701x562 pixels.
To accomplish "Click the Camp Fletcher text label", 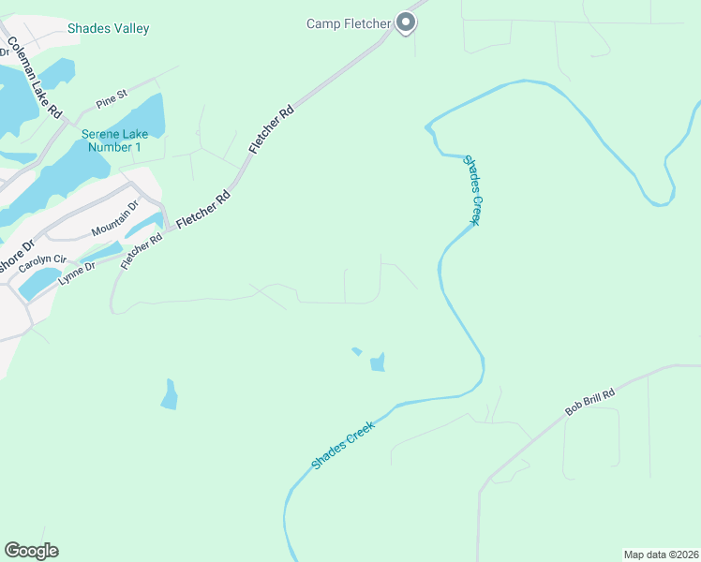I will click(x=348, y=23).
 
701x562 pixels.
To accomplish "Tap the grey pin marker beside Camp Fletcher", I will click(x=405, y=22).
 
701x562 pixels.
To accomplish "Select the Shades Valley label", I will click(x=108, y=29).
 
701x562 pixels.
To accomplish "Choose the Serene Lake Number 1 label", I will click(x=113, y=140).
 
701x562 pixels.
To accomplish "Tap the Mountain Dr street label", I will click(x=114, y=218).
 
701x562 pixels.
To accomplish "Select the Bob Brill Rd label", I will click(x=589, y=404).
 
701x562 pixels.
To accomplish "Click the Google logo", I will click(x=31, y=551).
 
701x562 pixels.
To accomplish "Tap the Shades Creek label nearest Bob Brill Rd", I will click(x=343, y=445).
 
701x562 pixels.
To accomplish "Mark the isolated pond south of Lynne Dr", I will click(x=170, y=395).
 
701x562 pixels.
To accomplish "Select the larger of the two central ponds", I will click(x=378, y=362).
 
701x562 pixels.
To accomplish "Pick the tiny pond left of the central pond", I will click(x=356, y=351).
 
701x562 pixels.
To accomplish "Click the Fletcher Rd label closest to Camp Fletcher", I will click(x=272, y=129).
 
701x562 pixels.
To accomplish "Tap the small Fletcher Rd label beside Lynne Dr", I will click(x=142, y=250).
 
